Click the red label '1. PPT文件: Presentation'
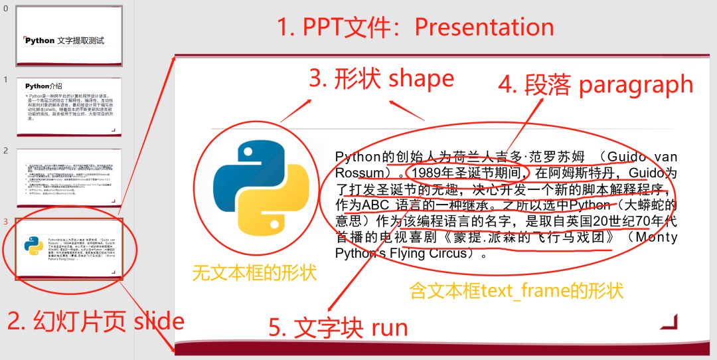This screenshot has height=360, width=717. [x=416, y=27]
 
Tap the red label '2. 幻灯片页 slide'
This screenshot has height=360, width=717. [x=96, y=321]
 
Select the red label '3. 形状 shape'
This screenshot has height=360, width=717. [x=382, y=78]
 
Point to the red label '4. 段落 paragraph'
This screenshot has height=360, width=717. [x=596, y=84]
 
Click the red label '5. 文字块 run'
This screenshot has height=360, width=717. [x=338, y=327]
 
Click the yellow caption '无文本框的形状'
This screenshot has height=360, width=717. [x=254, y=272]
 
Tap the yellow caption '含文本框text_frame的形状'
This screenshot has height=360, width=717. [x=517, y=290]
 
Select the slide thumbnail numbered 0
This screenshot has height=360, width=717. [x=69, y=37]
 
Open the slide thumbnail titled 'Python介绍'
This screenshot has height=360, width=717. [x=69, y=106]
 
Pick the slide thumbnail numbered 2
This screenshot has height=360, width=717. [x=69, y=177]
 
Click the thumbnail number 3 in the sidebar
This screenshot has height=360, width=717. [x=5, y=221]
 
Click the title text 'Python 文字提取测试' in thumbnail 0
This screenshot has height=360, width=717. [x=65, y=41]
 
